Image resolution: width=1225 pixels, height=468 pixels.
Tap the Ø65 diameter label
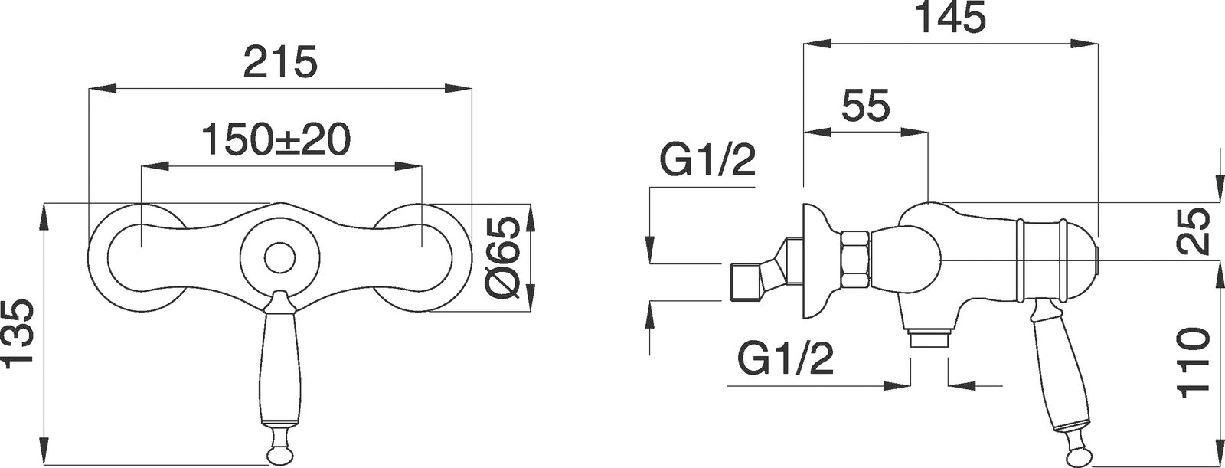click(x=501, y=265)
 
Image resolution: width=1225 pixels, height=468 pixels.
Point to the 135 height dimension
click(x=18, y=334)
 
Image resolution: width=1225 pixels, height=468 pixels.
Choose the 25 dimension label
click(x=1193, y=230)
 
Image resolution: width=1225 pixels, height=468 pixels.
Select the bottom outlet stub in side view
click(x=929, y=339)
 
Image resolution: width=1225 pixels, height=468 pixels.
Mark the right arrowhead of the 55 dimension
click(x=914, y=132)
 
